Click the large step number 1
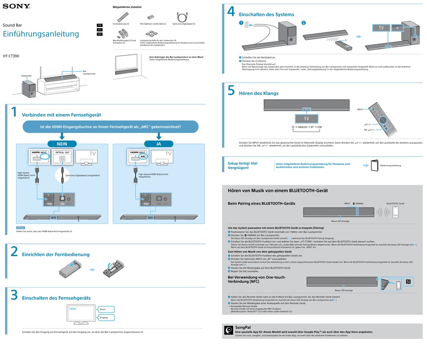(x=14, y=113)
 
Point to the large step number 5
(x=231, y=91)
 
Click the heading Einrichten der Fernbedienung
(x=56, y=254)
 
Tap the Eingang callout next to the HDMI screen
(x=104, y=318)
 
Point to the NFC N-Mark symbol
(x=408, y=282)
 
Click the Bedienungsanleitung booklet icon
(x=374, y=165)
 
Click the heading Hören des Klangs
(x=258, y=93)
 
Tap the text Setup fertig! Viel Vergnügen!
(x=243, y=165)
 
